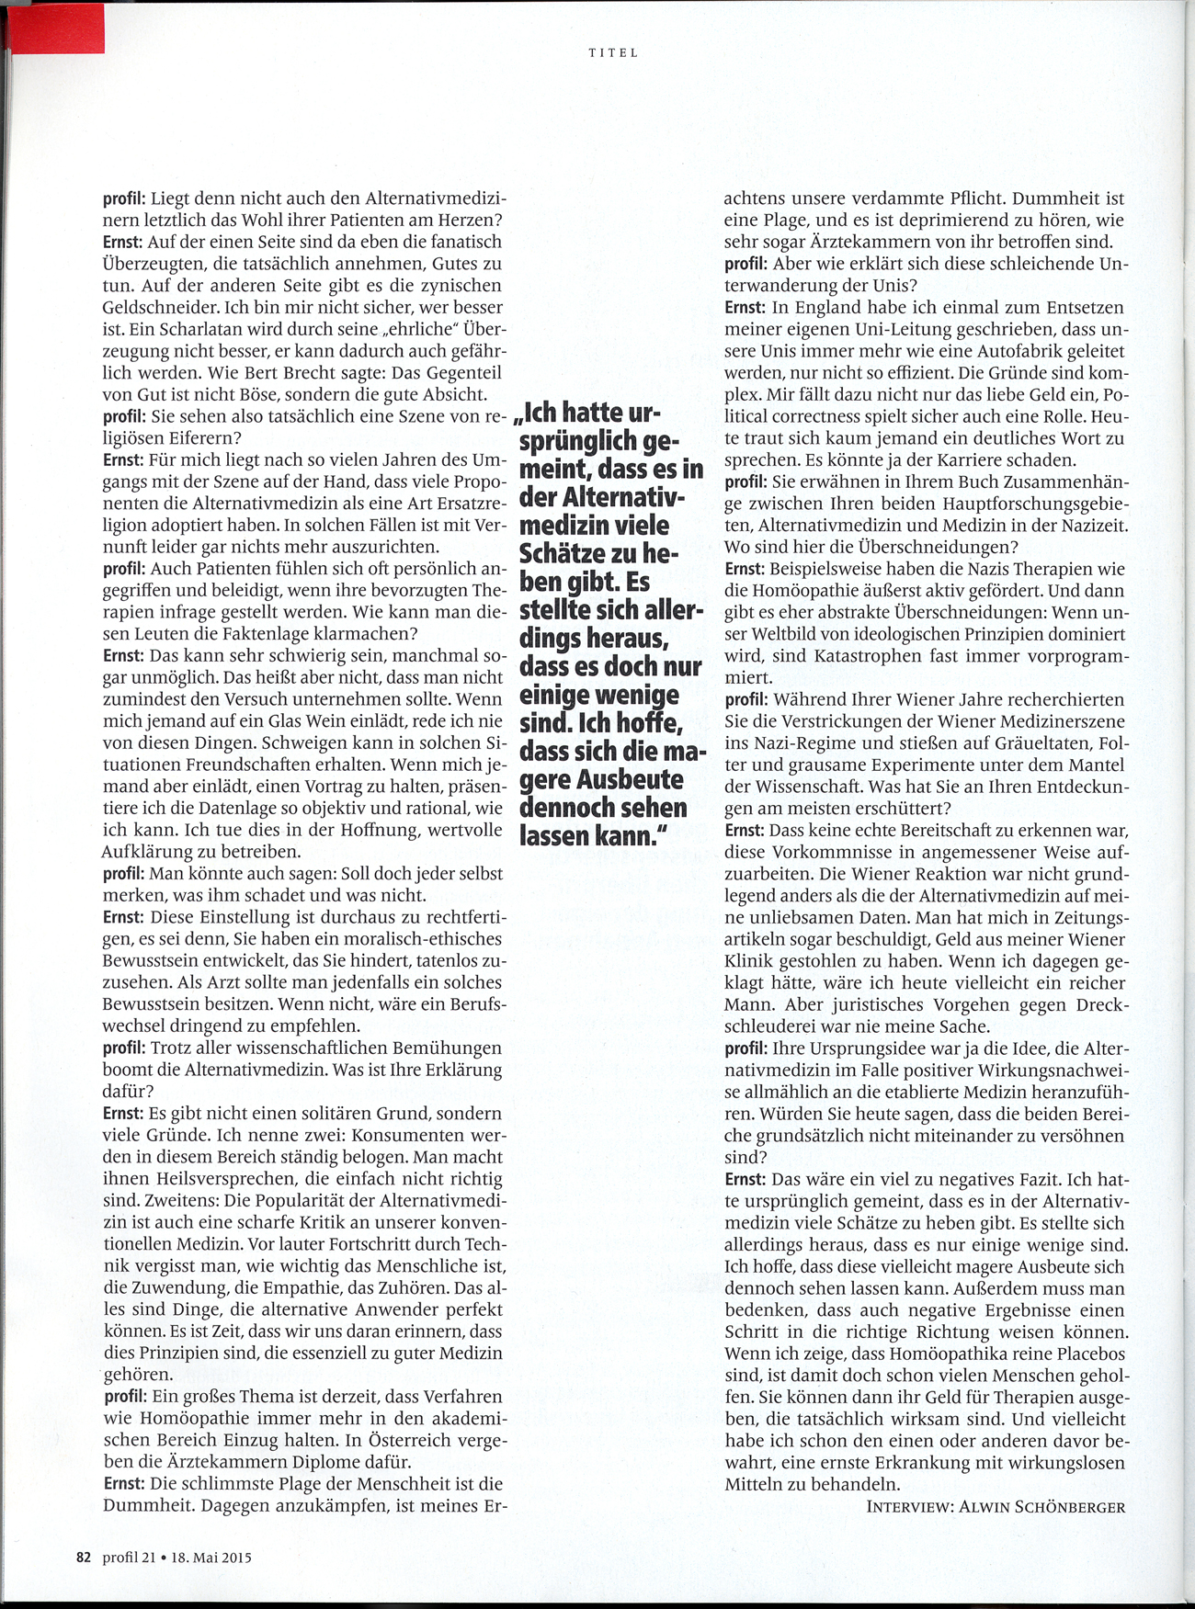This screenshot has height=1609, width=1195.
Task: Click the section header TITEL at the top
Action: tap(613, 53)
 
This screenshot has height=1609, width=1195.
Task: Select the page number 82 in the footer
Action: tap(84, 1558)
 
